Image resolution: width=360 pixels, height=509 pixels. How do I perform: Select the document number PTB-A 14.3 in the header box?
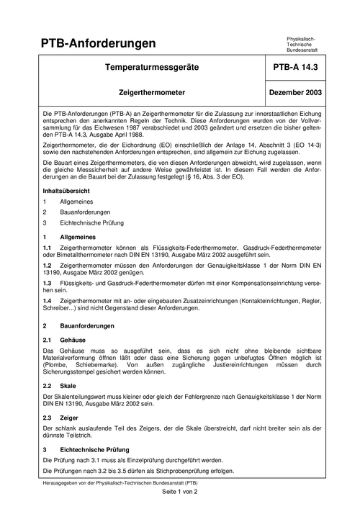[296, 68]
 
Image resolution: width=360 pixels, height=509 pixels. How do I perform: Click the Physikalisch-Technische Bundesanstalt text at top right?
[302, 44]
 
